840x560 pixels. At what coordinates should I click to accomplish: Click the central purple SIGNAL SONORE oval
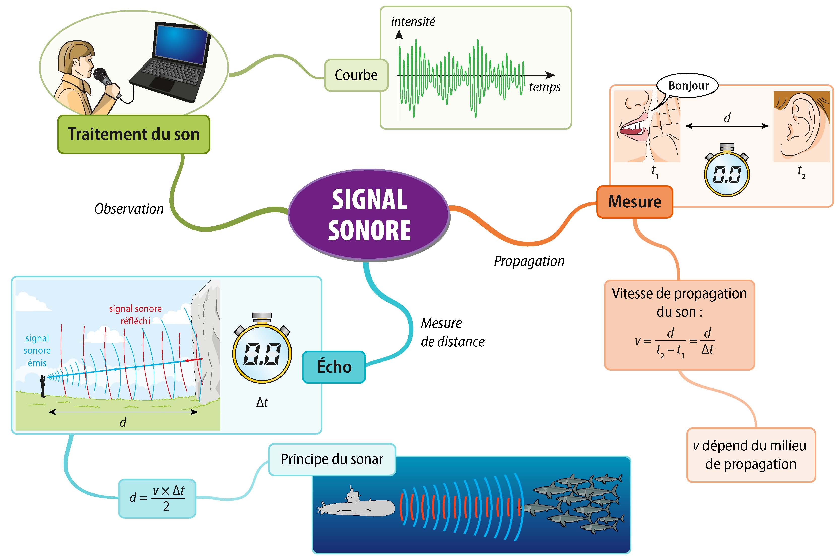(369, 215)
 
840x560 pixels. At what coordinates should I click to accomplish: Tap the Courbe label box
(356, 75)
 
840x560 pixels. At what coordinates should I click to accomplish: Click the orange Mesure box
(635, 202)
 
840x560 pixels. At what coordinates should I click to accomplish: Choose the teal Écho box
(334, 367)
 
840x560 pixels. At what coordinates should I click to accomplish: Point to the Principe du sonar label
(332, 459)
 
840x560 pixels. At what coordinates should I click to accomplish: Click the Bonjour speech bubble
(688, 86)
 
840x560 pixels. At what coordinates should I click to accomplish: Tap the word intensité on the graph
(413, 22)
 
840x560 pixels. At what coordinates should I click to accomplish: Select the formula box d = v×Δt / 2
(157, 498)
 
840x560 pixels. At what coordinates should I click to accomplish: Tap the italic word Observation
(129, 209)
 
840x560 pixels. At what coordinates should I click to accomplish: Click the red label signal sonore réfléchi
(135, 315)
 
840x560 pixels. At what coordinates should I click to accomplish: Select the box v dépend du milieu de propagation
(751, 455)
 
